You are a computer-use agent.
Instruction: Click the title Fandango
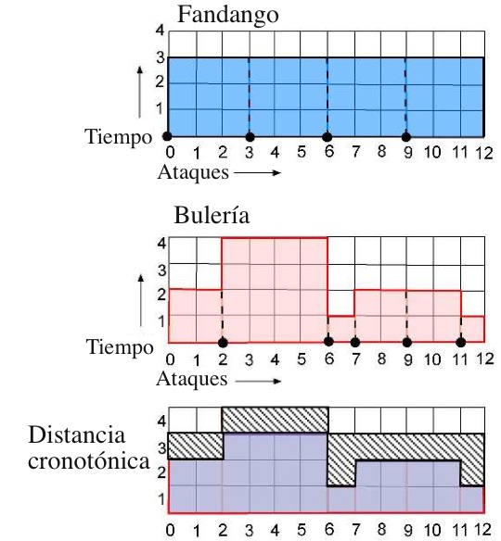(227, 16)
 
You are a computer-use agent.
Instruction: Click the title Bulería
(212, 215)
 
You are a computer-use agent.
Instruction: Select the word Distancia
(76, 434)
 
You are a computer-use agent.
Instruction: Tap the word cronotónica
(89, 460)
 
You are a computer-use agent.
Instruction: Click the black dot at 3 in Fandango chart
(250, 137)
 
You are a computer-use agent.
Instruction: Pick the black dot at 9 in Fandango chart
(406, 137)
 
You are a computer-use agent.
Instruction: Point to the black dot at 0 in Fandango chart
(167, 136)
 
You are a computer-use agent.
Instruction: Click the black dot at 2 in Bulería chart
(224, 343)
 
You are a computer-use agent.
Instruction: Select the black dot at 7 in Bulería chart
(355, 342)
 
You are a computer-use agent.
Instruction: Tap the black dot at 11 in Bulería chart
(461, 342)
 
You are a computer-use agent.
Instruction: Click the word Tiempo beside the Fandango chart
(118, 137)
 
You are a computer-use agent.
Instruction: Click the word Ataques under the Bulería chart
(192, 380)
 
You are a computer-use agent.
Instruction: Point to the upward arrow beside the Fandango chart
(139, 92)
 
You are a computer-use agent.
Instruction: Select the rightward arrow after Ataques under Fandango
(257, 172)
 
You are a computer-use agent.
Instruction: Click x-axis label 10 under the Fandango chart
(432, 152)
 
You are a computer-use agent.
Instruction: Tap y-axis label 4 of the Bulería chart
(161, 244)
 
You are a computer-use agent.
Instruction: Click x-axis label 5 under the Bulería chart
(302, 359)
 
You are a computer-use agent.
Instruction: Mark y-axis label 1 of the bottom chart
(161, 499)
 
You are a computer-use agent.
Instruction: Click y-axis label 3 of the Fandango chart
(161, 57)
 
